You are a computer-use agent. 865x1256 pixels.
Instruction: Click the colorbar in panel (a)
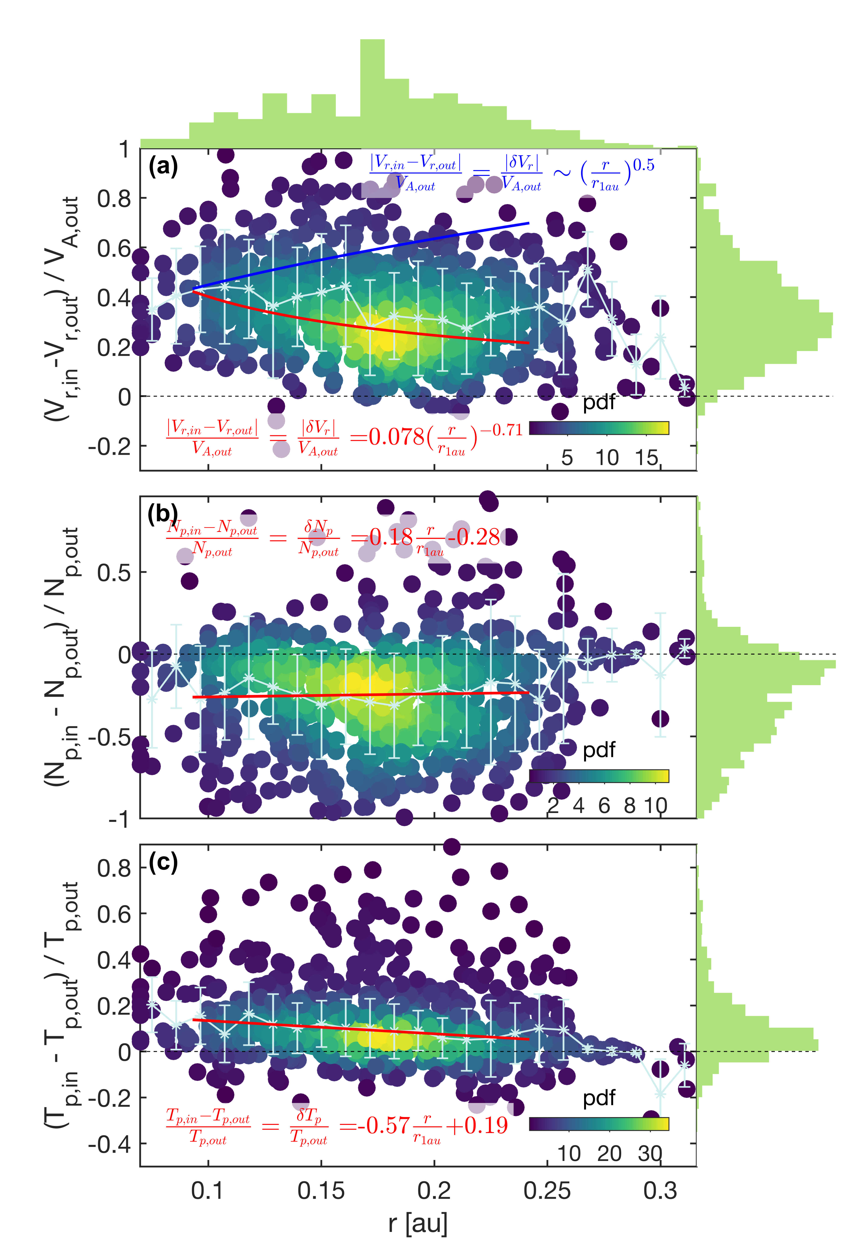coord(599,428)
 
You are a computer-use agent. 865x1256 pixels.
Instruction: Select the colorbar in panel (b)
coord(599,776)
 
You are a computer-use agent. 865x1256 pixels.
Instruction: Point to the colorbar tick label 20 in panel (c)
coord(609,1154)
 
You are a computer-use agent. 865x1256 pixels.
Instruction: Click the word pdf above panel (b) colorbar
coord(599,750)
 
